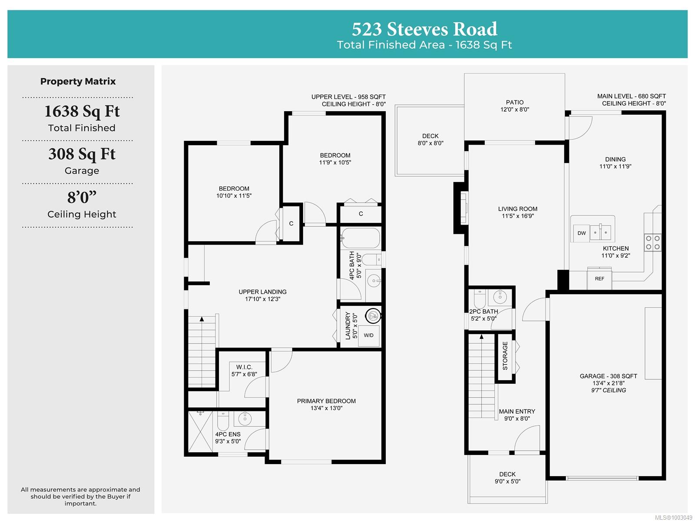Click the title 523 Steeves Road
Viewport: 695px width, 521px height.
pyautogui.click(x=424, y=29)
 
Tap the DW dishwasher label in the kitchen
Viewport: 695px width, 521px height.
pyautogui.click(x=581, y=233)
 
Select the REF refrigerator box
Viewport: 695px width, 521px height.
pyautogui.click(x=599, y=279)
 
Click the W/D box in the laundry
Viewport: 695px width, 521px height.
pyautogui.click(x=368, y=335)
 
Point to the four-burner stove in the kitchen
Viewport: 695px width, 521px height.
pyautogui.click(x=652, y=242)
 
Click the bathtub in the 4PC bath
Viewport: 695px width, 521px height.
pyautogui.click(x=361, y=238)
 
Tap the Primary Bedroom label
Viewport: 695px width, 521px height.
pyautogui.click(x=326, y=401)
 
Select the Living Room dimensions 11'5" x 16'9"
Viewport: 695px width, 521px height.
pyautogui.click(x=517, y=216)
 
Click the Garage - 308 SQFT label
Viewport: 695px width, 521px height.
pyautogui.click(x=608, y=376)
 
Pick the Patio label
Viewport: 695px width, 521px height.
pyautogui.click(x=515, y=102)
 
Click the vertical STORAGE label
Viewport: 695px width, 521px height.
pyautogui.click(x=505, y=356)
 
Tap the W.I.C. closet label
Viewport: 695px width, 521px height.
pyautogui.click(x=244, y=367)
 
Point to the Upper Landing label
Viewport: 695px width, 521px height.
pyautogui.click(x=262, y=292)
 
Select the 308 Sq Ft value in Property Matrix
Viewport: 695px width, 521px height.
pyautogui.click(x=82, y=154)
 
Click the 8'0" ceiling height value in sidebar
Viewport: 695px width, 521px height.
pyautogui.click(x=82, y=197)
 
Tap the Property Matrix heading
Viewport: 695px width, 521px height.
pyautogui.click(x=78, y=81)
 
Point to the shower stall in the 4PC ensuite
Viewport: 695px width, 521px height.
pyautogui.click(x=200, y=431)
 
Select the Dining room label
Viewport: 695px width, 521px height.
pyautogui.click(x=615, y=159)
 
